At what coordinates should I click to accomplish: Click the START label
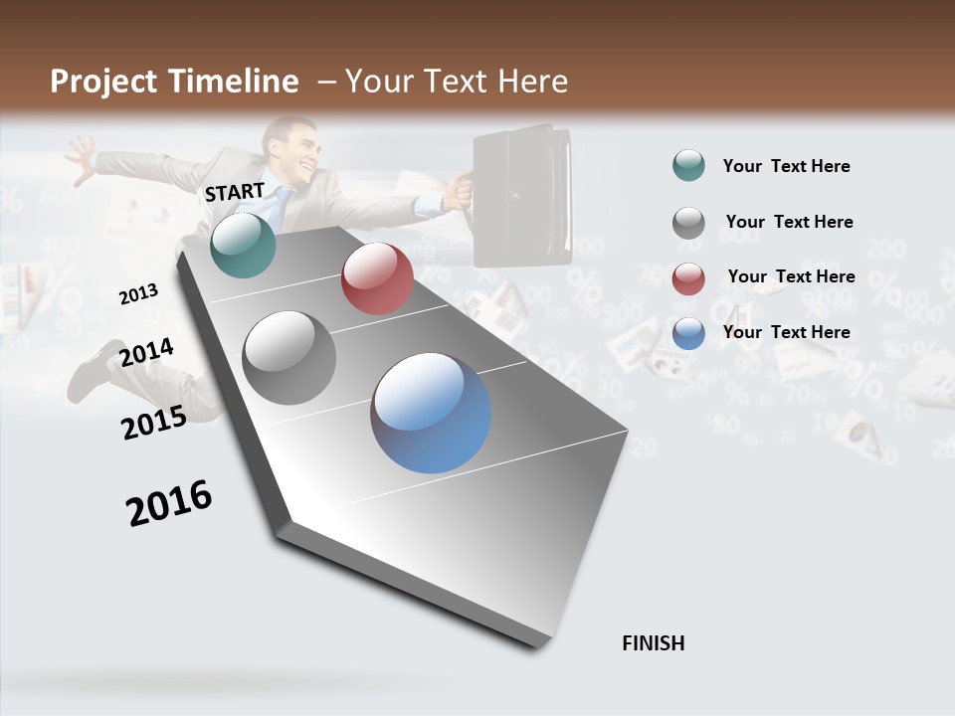click(x=235, y=191)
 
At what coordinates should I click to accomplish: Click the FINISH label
click(x=654, y=643)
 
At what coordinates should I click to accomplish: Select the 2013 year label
click(x=138, y=294)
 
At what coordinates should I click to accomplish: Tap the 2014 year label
click(x=146, y=353)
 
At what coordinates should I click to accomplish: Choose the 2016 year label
click(x=169, y=503)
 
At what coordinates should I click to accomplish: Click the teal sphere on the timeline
click(x=243, y=245)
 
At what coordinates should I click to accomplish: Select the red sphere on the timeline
click(x=377, y=278)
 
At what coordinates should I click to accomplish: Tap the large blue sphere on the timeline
click(x=431, y=413)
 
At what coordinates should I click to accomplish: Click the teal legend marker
click(x=688, y=165)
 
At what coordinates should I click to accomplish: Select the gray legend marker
click(x=688, y=223)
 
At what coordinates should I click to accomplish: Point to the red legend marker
click(x=688, y=278)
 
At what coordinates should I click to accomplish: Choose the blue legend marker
click(x=688, y=333)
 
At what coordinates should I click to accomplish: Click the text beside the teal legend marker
click(x=786, y=166)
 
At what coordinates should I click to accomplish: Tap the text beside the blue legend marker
click(x=786, y=332)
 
